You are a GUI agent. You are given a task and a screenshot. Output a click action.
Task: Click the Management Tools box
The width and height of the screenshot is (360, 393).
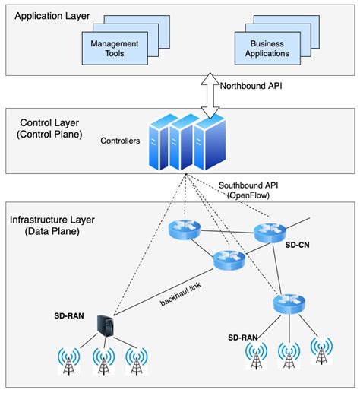pos(116,48)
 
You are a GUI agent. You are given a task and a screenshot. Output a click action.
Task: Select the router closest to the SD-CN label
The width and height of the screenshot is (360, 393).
pos(270,233)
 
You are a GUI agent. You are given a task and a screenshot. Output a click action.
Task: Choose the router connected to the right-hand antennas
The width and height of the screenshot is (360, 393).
pos(288,304)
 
